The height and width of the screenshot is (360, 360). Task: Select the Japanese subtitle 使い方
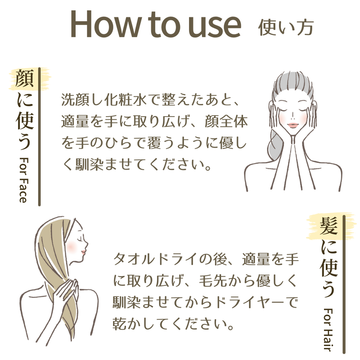(x=286, y=27)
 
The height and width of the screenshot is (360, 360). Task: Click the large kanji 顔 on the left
(x=25, y=78)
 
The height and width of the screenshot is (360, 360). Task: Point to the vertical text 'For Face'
(x=24, y=180)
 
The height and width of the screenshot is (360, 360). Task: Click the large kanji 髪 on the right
(x=329, y=226)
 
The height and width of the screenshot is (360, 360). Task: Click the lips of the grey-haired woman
(x=293, y=126)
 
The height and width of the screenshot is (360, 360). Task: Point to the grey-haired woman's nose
(x=293, y=117)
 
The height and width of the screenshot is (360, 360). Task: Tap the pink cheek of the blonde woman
(x=71, y=246)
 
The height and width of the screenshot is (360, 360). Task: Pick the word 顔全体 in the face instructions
(x=226, y=121)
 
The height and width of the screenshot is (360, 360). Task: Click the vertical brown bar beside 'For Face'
(x=39, y=137)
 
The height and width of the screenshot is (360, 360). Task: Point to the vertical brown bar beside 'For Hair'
(x=344, y=284)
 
